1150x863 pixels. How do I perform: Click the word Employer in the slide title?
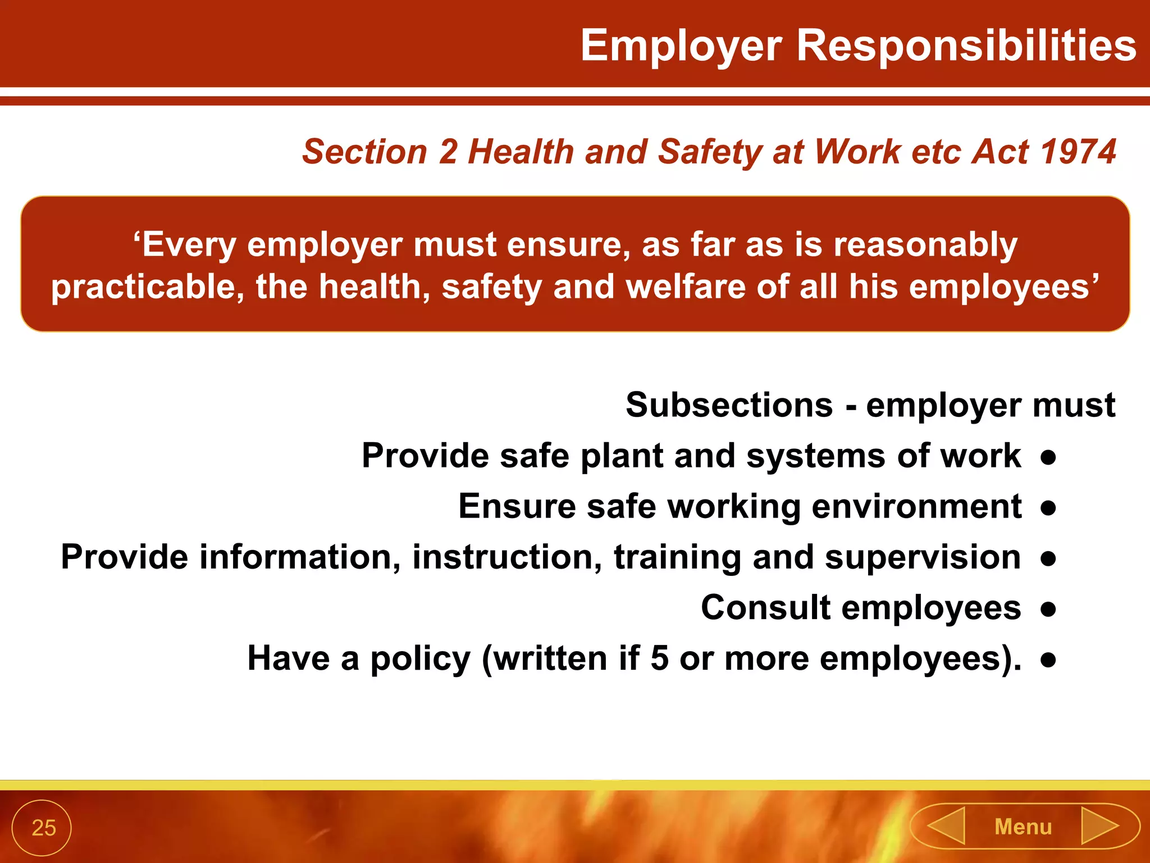[x=681, y=46]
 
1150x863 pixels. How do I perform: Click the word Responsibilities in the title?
[x=966, y=46]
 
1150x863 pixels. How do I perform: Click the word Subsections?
[x=729, y=405]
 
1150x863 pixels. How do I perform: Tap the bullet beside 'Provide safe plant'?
[x=1048, y=456]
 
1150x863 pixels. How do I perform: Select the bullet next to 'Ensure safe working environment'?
[x=1048, y=507]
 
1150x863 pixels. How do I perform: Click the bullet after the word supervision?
[x=1048, y=558]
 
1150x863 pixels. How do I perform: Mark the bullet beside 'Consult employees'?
[x=1048, y=608]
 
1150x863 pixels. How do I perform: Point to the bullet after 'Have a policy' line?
[x=1048, y=659]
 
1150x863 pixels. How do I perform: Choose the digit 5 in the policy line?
[x=659, y=658]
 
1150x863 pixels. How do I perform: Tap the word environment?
[x=916, y=507]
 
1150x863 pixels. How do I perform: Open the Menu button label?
[x=1023, y=827]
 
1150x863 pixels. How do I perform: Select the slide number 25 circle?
[x=42, y=828]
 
